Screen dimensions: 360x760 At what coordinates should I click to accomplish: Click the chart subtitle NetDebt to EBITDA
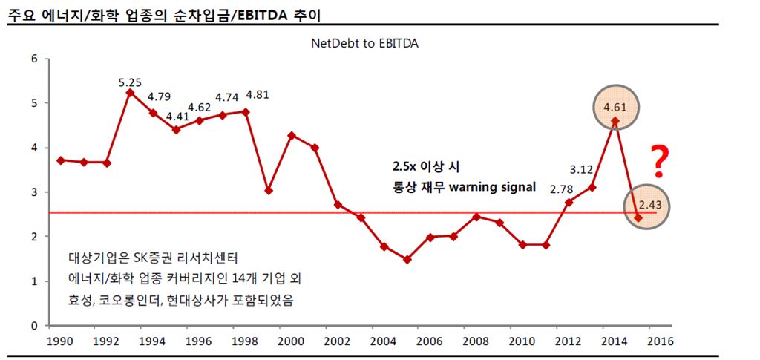coord(364,44)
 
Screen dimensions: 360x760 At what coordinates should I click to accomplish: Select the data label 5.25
coord(130,82)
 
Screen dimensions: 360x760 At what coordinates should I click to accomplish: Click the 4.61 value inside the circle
coord(615,108)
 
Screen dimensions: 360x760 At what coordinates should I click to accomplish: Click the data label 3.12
coord(581,168)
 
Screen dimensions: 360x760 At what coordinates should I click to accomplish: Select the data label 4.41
coord(177,116)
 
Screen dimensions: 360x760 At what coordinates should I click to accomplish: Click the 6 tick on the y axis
coord(34,59)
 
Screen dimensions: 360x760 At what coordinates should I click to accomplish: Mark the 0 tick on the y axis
coord(34,326)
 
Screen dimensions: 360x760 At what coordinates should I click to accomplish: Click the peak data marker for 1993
coord(131,93)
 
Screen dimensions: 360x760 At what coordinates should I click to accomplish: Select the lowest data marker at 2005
coord(407,260)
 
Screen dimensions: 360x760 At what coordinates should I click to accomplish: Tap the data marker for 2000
coord(292,136)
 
